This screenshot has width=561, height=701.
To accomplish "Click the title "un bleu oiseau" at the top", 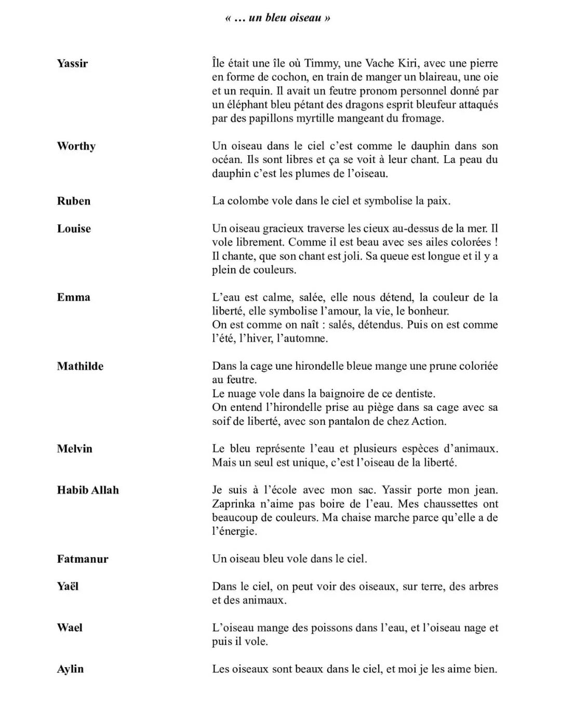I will pyautogui.click(x=278, y=18).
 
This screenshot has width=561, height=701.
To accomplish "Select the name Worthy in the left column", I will pyautogui.click(x=76, y=146).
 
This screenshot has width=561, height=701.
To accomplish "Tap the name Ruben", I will pyautogui.click(x=74, y=201).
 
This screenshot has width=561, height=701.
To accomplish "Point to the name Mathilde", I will pyautogui.click(x=80, y=366).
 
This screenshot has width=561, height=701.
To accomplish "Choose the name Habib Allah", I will pyautogui.click(x=88, y=490).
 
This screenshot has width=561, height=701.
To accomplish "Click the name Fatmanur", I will pyautogui.click(x=83, y=559).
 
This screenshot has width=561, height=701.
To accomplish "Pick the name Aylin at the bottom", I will pyautogui.click(x=70, y=669).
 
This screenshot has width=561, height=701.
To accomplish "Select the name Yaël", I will pyautogui.click(x=68, y=587).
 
